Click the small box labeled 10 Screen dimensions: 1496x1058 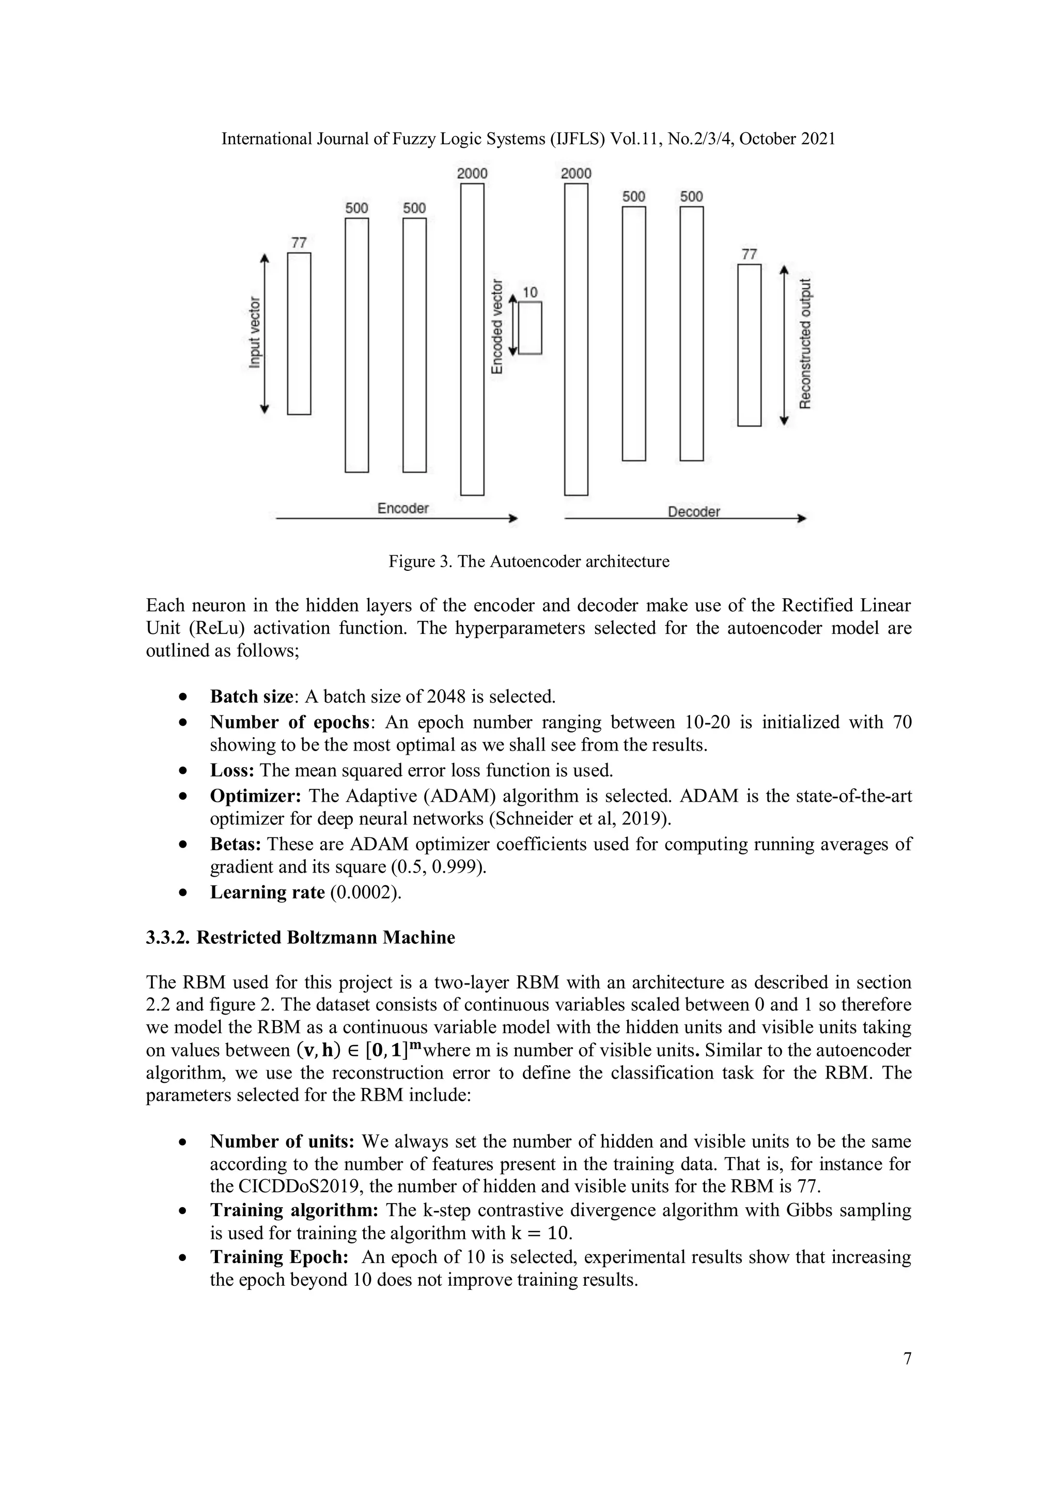[530, 328]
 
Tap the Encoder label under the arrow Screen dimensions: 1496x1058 [402, 508]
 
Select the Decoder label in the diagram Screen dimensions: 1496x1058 [693, 512]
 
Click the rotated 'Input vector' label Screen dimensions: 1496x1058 [255, 332]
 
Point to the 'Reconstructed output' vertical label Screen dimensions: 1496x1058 [806, 344]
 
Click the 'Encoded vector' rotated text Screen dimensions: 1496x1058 [497, 326]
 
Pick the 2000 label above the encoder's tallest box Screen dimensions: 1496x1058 [472, 174]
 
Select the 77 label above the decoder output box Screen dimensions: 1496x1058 [749, 254]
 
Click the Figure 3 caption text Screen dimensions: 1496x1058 [528, 562]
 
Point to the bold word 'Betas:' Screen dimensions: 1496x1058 [235, 845]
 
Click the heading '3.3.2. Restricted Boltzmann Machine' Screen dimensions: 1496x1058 [300, 938]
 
